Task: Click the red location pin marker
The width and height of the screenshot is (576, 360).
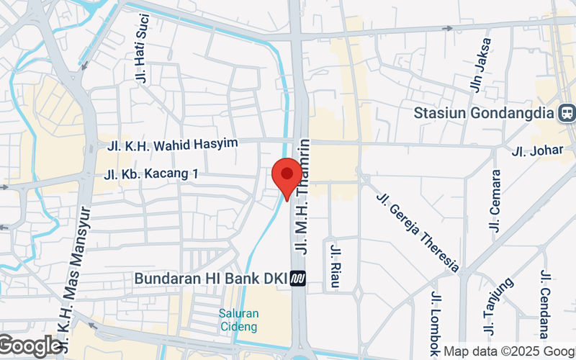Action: click(287, 176)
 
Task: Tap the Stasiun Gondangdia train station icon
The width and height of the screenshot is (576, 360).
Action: click(567, 113)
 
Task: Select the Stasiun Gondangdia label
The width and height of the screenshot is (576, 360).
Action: click(485, 114)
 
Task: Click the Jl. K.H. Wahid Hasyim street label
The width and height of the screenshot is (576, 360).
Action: click(173, 145)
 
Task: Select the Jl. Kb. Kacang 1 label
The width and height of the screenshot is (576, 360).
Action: click(151, 174)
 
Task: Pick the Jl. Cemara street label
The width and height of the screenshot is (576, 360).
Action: click(495, 200)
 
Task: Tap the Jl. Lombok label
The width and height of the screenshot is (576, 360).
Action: click(436, 323)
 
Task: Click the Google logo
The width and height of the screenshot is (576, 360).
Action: click(30, 346)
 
